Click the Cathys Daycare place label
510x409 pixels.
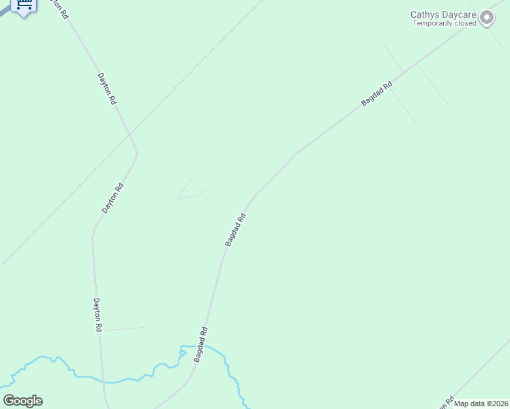tap(442, 14)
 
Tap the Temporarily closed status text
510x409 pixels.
tap(445, 23)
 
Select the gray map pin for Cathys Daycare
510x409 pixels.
tap(487, 18)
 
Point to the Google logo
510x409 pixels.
tap(22, 401)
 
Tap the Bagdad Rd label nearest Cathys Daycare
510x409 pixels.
tap(377, 94)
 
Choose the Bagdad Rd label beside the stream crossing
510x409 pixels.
tap(199, 344)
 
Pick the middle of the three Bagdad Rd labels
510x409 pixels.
tap(235, 230)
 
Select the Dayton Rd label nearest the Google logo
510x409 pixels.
tap(97, 315)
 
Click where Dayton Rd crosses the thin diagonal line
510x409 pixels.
tap(131, 136)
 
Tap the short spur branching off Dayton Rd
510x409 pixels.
tap(123, 329)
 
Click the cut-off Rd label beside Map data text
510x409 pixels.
tap(449, 402)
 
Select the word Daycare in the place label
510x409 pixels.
tap(461, 14)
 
